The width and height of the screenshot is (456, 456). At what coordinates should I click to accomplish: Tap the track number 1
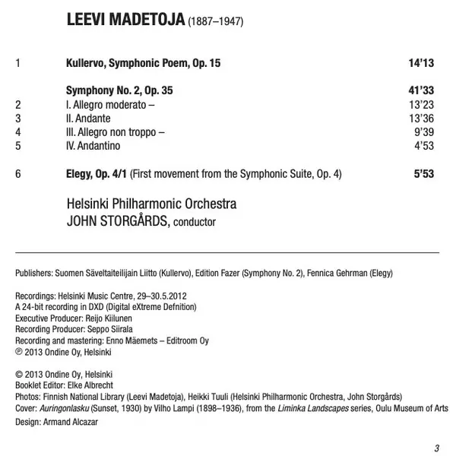click(x=18, y=65)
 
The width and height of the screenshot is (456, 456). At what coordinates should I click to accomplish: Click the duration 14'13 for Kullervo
click(x=421, y=65)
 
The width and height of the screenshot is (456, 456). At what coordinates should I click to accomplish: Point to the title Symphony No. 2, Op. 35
click(x=119, y=90)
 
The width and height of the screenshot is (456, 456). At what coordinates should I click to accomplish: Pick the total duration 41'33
click(x=421, y=90)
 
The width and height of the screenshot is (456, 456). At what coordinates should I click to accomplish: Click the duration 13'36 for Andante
click(x=421, y=119)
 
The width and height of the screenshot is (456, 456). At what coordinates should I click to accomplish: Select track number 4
click(x=18, y=132)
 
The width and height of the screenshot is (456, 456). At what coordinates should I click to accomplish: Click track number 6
click(x=18, y=174)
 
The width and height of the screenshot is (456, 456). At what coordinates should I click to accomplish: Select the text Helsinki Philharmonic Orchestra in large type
click(x=151, y=204)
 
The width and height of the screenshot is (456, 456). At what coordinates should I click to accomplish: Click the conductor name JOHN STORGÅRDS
click(x=117, y=221)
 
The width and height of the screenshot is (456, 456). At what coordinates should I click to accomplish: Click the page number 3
click(x=436, y=446)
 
